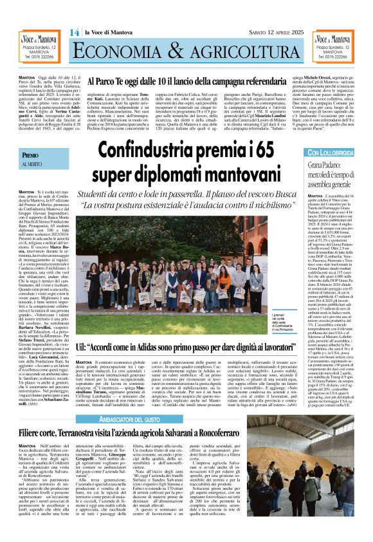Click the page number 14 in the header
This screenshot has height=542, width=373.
75,32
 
